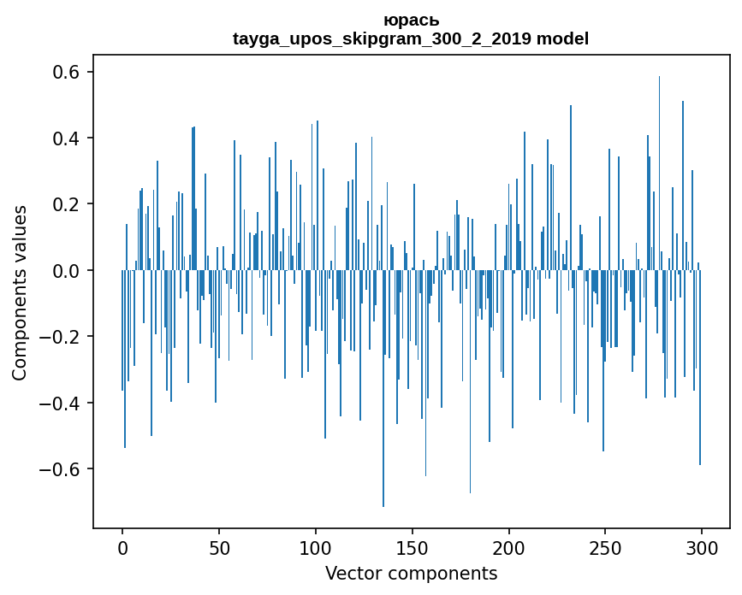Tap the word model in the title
(562, 38)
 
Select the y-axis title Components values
(20, 292)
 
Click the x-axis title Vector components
(411, 573)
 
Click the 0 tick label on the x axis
(122, 547)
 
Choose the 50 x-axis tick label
(219, 547)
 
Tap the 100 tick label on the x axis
(316, 547)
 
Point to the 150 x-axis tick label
(413, 547)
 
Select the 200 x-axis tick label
(509, 547)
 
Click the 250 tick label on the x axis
(605, 547)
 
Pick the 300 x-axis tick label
(702, 547)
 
